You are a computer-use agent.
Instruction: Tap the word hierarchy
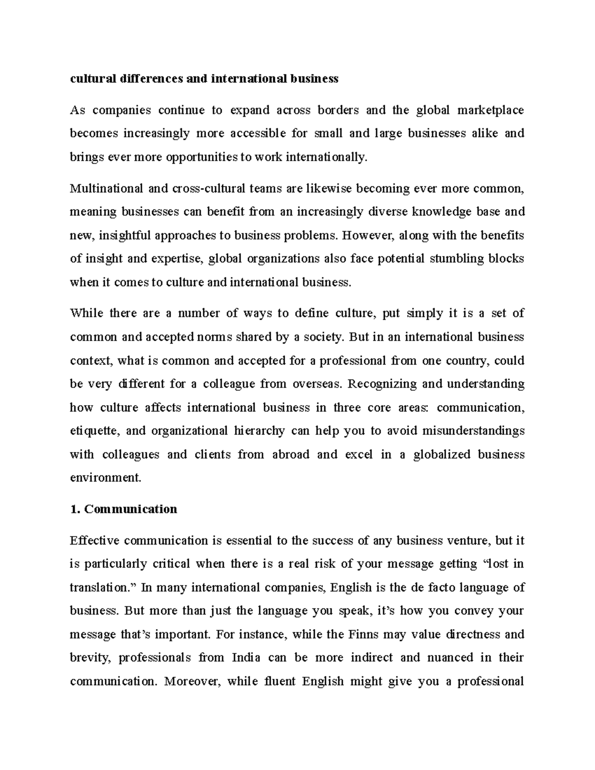point(259,431)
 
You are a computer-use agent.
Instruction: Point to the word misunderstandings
point(473,431)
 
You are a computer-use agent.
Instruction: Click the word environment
point(106,478)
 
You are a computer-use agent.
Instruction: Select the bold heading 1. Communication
point(123,509)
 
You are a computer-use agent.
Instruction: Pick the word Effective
point(95,540)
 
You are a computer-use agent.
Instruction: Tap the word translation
point(98,588)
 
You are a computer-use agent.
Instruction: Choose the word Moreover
point(191,681)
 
